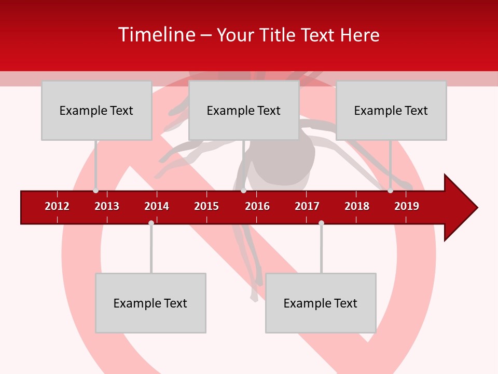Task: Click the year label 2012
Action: tap(57, 206)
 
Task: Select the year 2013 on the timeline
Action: tap(107, 206)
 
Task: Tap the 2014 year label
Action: tap(157, 206)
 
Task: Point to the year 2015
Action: tap(206, 206)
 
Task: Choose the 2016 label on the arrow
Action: tap(257, 206)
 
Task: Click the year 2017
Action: tap(307, 206)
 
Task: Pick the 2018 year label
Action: tap(357, 206)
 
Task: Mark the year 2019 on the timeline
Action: tap(407, 206)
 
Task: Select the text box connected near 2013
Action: tap(96, 110)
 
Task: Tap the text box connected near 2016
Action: tap(244, 110)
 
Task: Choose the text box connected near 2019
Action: tap(391, 110)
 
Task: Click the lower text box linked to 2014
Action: tap(150, 303)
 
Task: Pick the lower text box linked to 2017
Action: tap(321, 303)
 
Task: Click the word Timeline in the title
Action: tap(156, 35)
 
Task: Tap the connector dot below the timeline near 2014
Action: tap(151, 223)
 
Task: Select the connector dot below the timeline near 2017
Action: tap(321, 223)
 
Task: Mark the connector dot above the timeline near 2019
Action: tap(390, 191)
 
